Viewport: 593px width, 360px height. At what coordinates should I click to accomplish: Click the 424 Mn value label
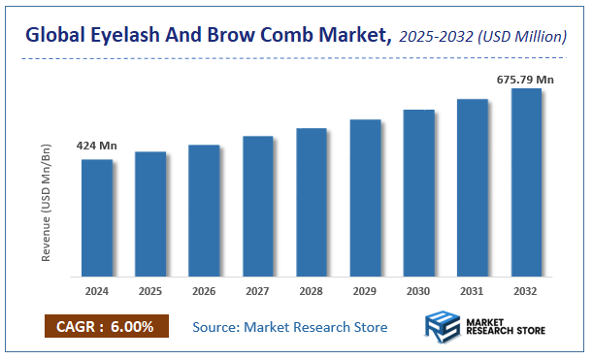coord(96,146)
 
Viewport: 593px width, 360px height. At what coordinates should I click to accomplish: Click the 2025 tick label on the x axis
coord(150,290)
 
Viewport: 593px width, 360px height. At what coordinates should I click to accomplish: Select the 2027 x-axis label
coord(257,290)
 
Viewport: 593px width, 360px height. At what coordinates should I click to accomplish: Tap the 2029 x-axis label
coord(365,290)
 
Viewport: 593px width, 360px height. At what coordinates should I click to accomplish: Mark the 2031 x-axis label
coord(473,290)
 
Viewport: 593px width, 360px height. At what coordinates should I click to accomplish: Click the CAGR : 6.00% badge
coord(106,327)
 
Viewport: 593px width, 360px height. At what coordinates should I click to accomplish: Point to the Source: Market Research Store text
coord(290,327)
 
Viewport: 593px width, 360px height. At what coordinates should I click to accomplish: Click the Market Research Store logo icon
coord(443,328)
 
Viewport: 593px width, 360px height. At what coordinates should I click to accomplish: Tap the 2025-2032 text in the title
coord(435,38)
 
